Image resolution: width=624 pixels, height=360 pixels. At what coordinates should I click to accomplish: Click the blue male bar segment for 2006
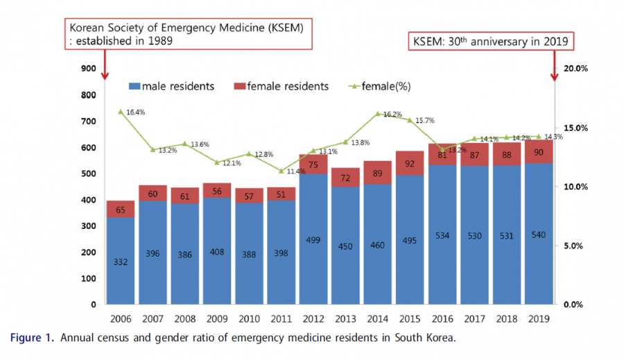click(121, 261)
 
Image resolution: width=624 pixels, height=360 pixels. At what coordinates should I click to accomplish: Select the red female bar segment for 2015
click(410, 164)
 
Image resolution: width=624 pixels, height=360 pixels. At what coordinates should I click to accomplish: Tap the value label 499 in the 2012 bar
click(313, 240)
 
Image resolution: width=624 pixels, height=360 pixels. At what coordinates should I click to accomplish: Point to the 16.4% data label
click(135, 112)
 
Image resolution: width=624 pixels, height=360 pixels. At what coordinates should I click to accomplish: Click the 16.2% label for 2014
click(392, 114)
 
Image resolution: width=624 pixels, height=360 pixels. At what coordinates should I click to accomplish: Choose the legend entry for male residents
click(171, 87)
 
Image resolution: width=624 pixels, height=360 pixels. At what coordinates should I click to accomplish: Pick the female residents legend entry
click(281, 87)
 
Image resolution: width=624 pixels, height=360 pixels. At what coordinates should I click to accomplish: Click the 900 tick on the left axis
click(88, 69)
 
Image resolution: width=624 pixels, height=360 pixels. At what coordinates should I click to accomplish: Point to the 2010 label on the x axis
click(249, 320)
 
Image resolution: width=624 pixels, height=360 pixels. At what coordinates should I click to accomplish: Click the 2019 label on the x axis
click(539, 320)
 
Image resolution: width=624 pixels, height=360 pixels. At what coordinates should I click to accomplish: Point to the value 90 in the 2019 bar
click(539, 152)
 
